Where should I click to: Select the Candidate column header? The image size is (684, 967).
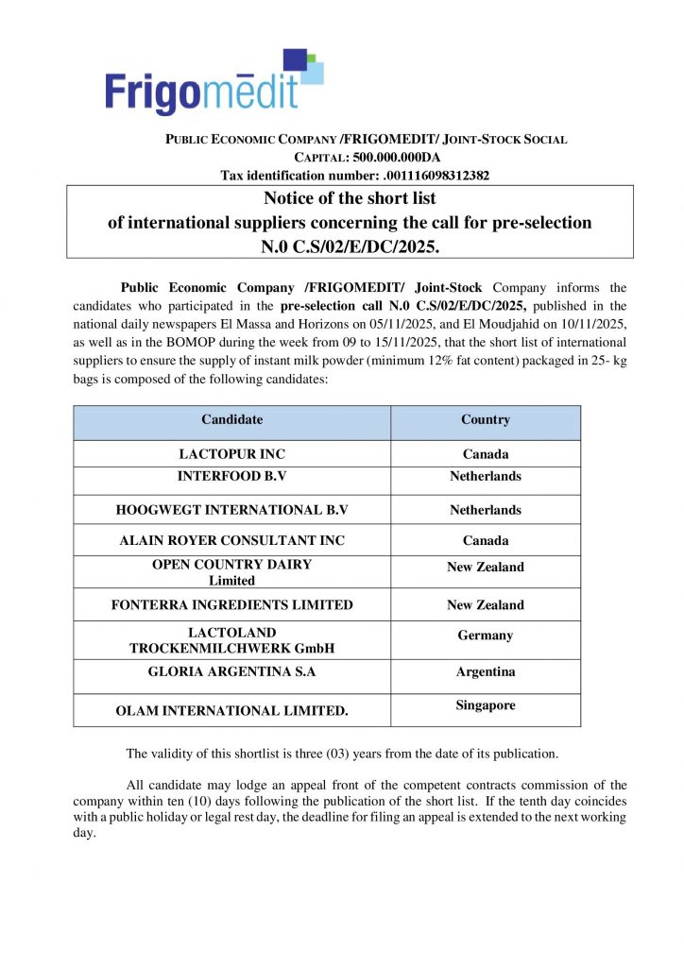coord(231,419)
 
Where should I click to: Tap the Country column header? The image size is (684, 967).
coord(486,419)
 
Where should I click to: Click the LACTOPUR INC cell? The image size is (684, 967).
coord(231,454)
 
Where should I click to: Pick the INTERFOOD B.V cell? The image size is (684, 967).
coord(231,477)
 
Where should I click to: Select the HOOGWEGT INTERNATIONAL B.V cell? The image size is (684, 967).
coord(231,510)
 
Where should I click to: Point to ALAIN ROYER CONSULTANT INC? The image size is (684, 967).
coord(231,541)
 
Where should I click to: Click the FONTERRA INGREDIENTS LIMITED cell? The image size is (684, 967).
coord(231,605)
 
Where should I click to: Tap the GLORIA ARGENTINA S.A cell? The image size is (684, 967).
coord(231,672)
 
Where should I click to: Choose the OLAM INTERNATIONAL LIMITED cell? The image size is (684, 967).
coord(231,711)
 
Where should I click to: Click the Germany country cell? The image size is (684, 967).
coord(486,636)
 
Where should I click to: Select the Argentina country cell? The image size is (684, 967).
coord(486,672)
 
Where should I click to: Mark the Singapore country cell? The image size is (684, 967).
coord(486,705)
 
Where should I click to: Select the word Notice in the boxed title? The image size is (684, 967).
coord(290,198)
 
